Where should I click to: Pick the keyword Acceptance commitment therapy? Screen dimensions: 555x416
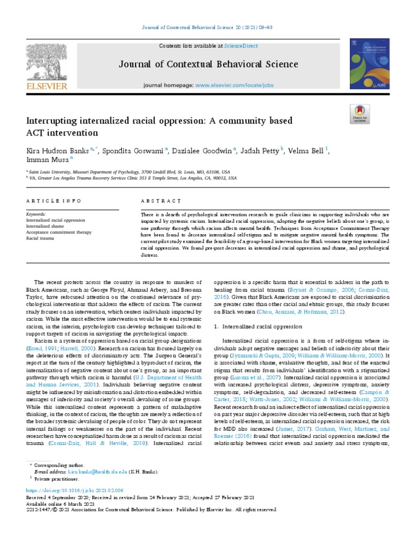point(59,231)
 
